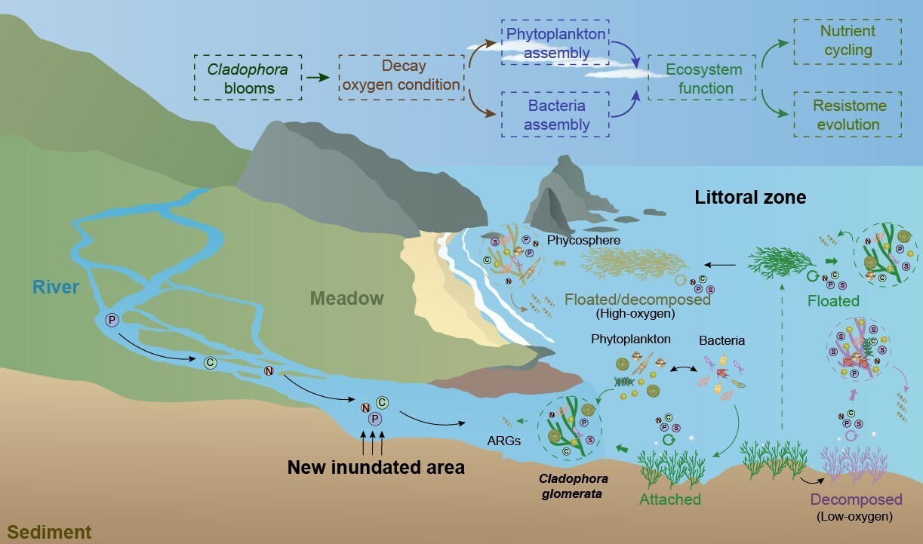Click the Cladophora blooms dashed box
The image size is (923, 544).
point(248,78)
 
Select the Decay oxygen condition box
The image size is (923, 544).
point(401,76)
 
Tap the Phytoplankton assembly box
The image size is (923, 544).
point(555,44)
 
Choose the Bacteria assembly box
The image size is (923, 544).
point(555,115)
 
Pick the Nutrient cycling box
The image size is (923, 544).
point(848,41)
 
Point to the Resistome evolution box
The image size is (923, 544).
point(848,115)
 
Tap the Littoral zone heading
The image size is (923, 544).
point(750,198)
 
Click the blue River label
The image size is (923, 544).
point(57,287)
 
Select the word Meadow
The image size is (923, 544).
point(346,298)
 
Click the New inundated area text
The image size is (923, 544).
point(376,467)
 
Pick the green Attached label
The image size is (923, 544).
point(670,499)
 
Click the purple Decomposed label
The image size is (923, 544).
point(856,499)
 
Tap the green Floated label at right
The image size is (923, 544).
point(833,300)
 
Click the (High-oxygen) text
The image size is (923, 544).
point(635,312)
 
